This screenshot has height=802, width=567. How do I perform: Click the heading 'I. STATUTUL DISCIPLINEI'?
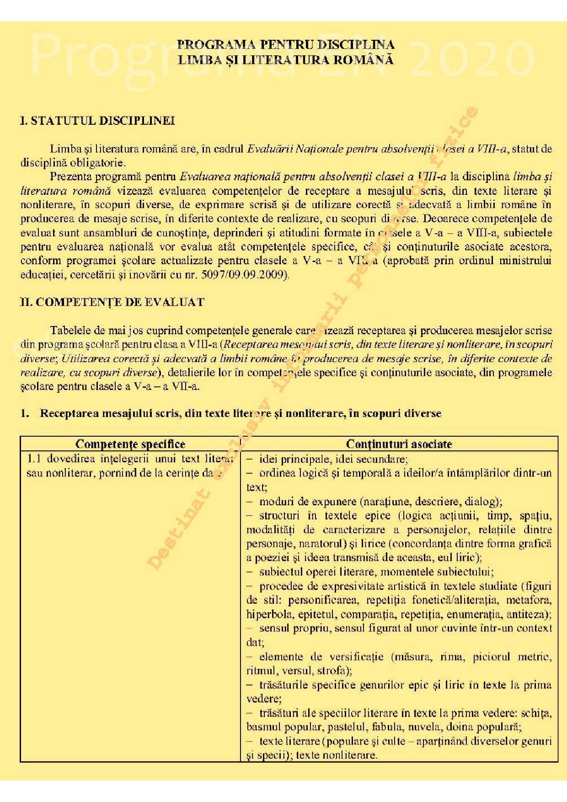(x=97, y=121)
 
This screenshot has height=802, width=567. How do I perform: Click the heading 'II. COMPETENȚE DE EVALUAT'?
(x=112, y=302)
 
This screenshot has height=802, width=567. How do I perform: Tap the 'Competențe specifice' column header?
(x=130, y=444)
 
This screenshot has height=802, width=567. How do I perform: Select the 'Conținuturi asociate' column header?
(x=399, y=444)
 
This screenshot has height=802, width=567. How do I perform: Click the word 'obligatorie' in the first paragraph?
(x=102, y=163)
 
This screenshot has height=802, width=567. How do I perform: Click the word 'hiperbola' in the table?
(x=264, y=614)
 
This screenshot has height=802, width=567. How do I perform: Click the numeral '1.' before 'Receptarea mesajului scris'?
(x=25, y=414)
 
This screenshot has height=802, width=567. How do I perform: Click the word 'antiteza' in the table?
(x=531, y=614)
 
